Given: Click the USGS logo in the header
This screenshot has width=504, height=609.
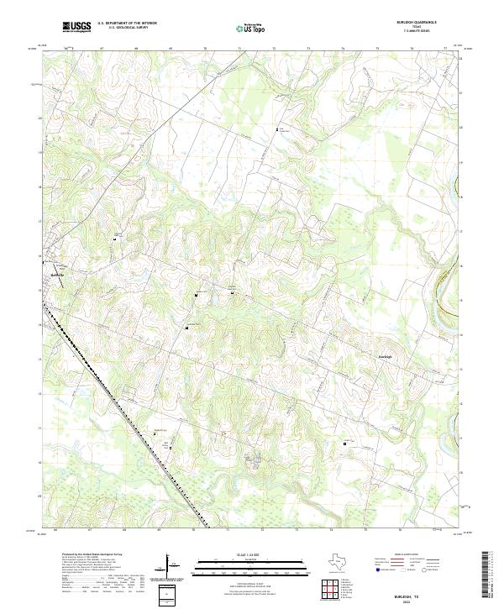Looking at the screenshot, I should [x=77, y=27].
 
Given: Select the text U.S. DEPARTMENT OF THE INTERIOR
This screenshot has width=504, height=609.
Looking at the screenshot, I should [x=127, y=24].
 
